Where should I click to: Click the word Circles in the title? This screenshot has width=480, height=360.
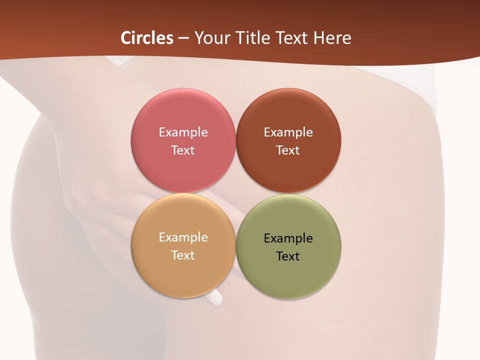[x=147, y=38]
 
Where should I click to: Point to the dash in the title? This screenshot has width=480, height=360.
[x=183, y=38]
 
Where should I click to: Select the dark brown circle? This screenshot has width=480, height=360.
[x=288, y=115]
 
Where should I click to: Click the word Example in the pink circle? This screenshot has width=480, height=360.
[x=183, y=132]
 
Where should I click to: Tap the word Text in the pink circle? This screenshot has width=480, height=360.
[x=183, y=150]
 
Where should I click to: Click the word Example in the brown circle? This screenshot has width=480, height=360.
[x=288, y=132]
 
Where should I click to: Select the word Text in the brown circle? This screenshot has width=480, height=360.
[x=288, y=150]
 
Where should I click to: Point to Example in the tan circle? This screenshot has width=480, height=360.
[x=183, y=237]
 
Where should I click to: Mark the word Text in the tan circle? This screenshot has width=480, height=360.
[x=183, y=255]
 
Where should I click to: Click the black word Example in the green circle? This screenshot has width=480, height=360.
[x=288, y=238]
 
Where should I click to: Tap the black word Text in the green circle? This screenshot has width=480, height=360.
[x=288, y=256]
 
